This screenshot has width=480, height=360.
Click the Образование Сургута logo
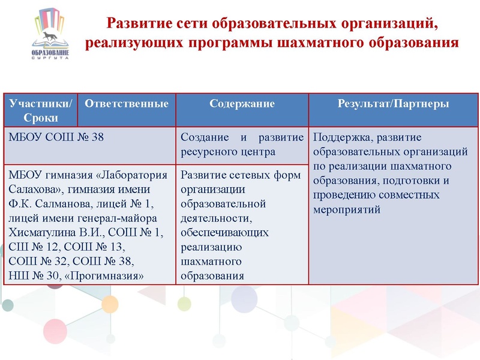pos(50,37)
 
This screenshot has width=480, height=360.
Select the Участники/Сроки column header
pos(41,110)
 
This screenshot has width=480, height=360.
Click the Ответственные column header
pos(127,104)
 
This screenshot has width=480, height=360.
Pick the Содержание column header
pos(242,104)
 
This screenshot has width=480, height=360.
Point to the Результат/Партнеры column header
pos(393,104)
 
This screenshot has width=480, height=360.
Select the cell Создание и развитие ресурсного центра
pos(242,144)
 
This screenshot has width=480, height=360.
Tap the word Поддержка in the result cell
pos(340,137)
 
